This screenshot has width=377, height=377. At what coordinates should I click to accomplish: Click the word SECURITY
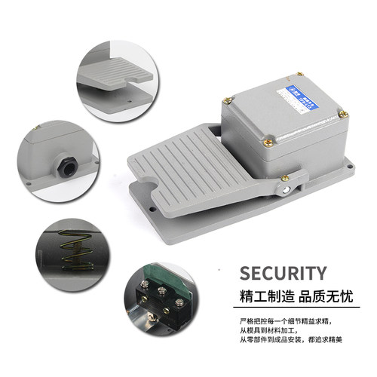click(x=282, y=273)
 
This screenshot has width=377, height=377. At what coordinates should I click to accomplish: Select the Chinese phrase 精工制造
click(x=261, y=296)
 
